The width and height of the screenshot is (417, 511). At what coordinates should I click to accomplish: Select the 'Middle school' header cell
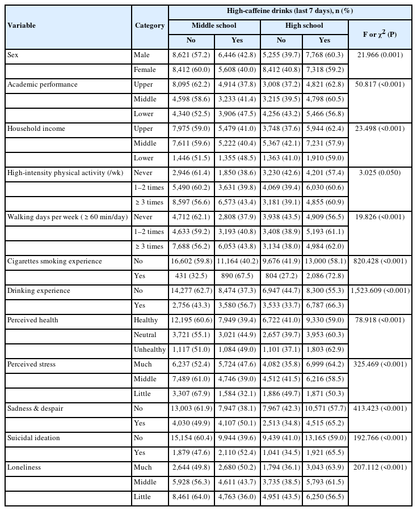(214, 25)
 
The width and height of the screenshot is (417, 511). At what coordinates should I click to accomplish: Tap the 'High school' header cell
(304, 25)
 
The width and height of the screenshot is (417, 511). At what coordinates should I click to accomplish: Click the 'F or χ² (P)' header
(380, 34)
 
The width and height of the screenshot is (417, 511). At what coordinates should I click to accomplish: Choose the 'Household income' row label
(36, 129)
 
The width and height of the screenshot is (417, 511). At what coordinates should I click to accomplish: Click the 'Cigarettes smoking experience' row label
(54, 261)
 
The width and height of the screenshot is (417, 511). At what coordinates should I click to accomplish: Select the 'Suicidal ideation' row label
(34, 438)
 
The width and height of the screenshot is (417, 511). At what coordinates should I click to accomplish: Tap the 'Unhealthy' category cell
(150, 350)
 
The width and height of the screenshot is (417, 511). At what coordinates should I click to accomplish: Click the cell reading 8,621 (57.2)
(192, 55)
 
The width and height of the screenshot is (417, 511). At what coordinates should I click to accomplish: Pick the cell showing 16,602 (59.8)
(192, 261)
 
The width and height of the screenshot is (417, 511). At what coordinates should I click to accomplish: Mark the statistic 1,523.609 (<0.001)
(380, 291)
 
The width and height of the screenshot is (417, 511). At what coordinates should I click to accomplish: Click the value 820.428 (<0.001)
(380, 261)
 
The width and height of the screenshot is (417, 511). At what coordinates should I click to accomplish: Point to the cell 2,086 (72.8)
(325, 276)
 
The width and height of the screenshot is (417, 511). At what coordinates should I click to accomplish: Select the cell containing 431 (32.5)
(192, 276)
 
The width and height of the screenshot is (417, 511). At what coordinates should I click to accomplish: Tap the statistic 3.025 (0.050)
(380, 173)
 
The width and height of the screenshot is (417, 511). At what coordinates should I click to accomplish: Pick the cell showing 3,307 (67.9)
(192, 394)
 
